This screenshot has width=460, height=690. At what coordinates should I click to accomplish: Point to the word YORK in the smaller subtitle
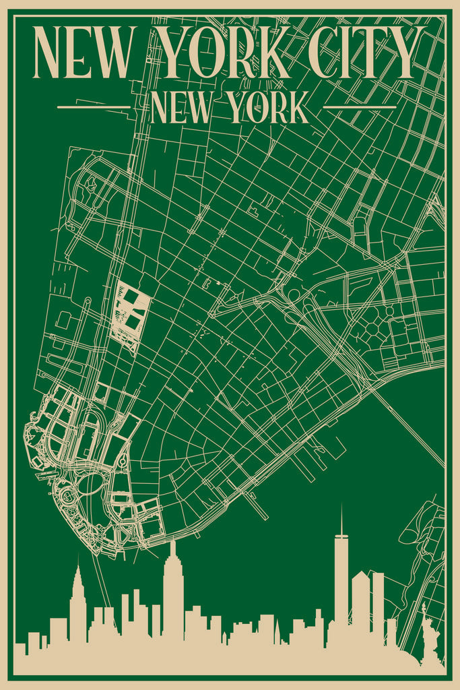point(269,108)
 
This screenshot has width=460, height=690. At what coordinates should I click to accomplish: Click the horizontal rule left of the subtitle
point(94,107)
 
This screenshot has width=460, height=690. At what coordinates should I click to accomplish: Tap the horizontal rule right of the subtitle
point(360,107)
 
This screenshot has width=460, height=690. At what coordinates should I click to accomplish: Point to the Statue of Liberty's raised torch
point(423,606)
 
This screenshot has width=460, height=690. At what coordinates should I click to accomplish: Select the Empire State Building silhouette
point(173,600)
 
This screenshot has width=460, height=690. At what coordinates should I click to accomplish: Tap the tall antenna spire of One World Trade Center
point(341,519)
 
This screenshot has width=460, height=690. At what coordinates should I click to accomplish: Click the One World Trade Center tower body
point(341,579)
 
